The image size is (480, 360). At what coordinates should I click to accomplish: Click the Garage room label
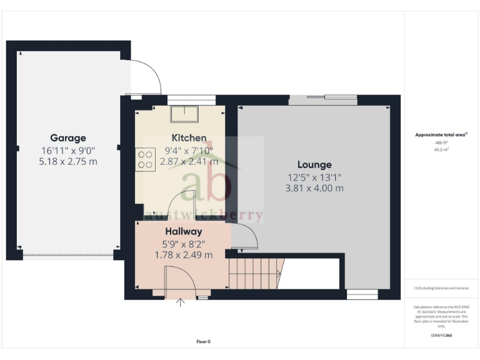tap(68, 138)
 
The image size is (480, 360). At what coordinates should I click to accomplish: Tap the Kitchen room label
tap(189, 137)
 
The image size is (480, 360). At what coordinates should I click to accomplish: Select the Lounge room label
tap(315, 165)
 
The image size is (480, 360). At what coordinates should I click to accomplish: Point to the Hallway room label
tap(183, 231)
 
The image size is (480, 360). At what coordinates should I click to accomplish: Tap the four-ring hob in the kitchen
tap(145, 158)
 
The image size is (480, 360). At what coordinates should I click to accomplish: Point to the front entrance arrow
tap(182, 303)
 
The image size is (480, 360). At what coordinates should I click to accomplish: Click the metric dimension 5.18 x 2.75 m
tap(68, 161)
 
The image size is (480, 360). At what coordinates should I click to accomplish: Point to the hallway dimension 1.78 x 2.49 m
tap(183, 254)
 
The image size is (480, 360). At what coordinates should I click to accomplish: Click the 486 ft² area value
tap(442, 142)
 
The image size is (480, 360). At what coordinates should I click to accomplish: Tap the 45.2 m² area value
tap(442, 149)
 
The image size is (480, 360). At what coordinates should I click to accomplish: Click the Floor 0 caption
tap(204, 341)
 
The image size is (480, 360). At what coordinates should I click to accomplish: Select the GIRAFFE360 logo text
tap(441, 336)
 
